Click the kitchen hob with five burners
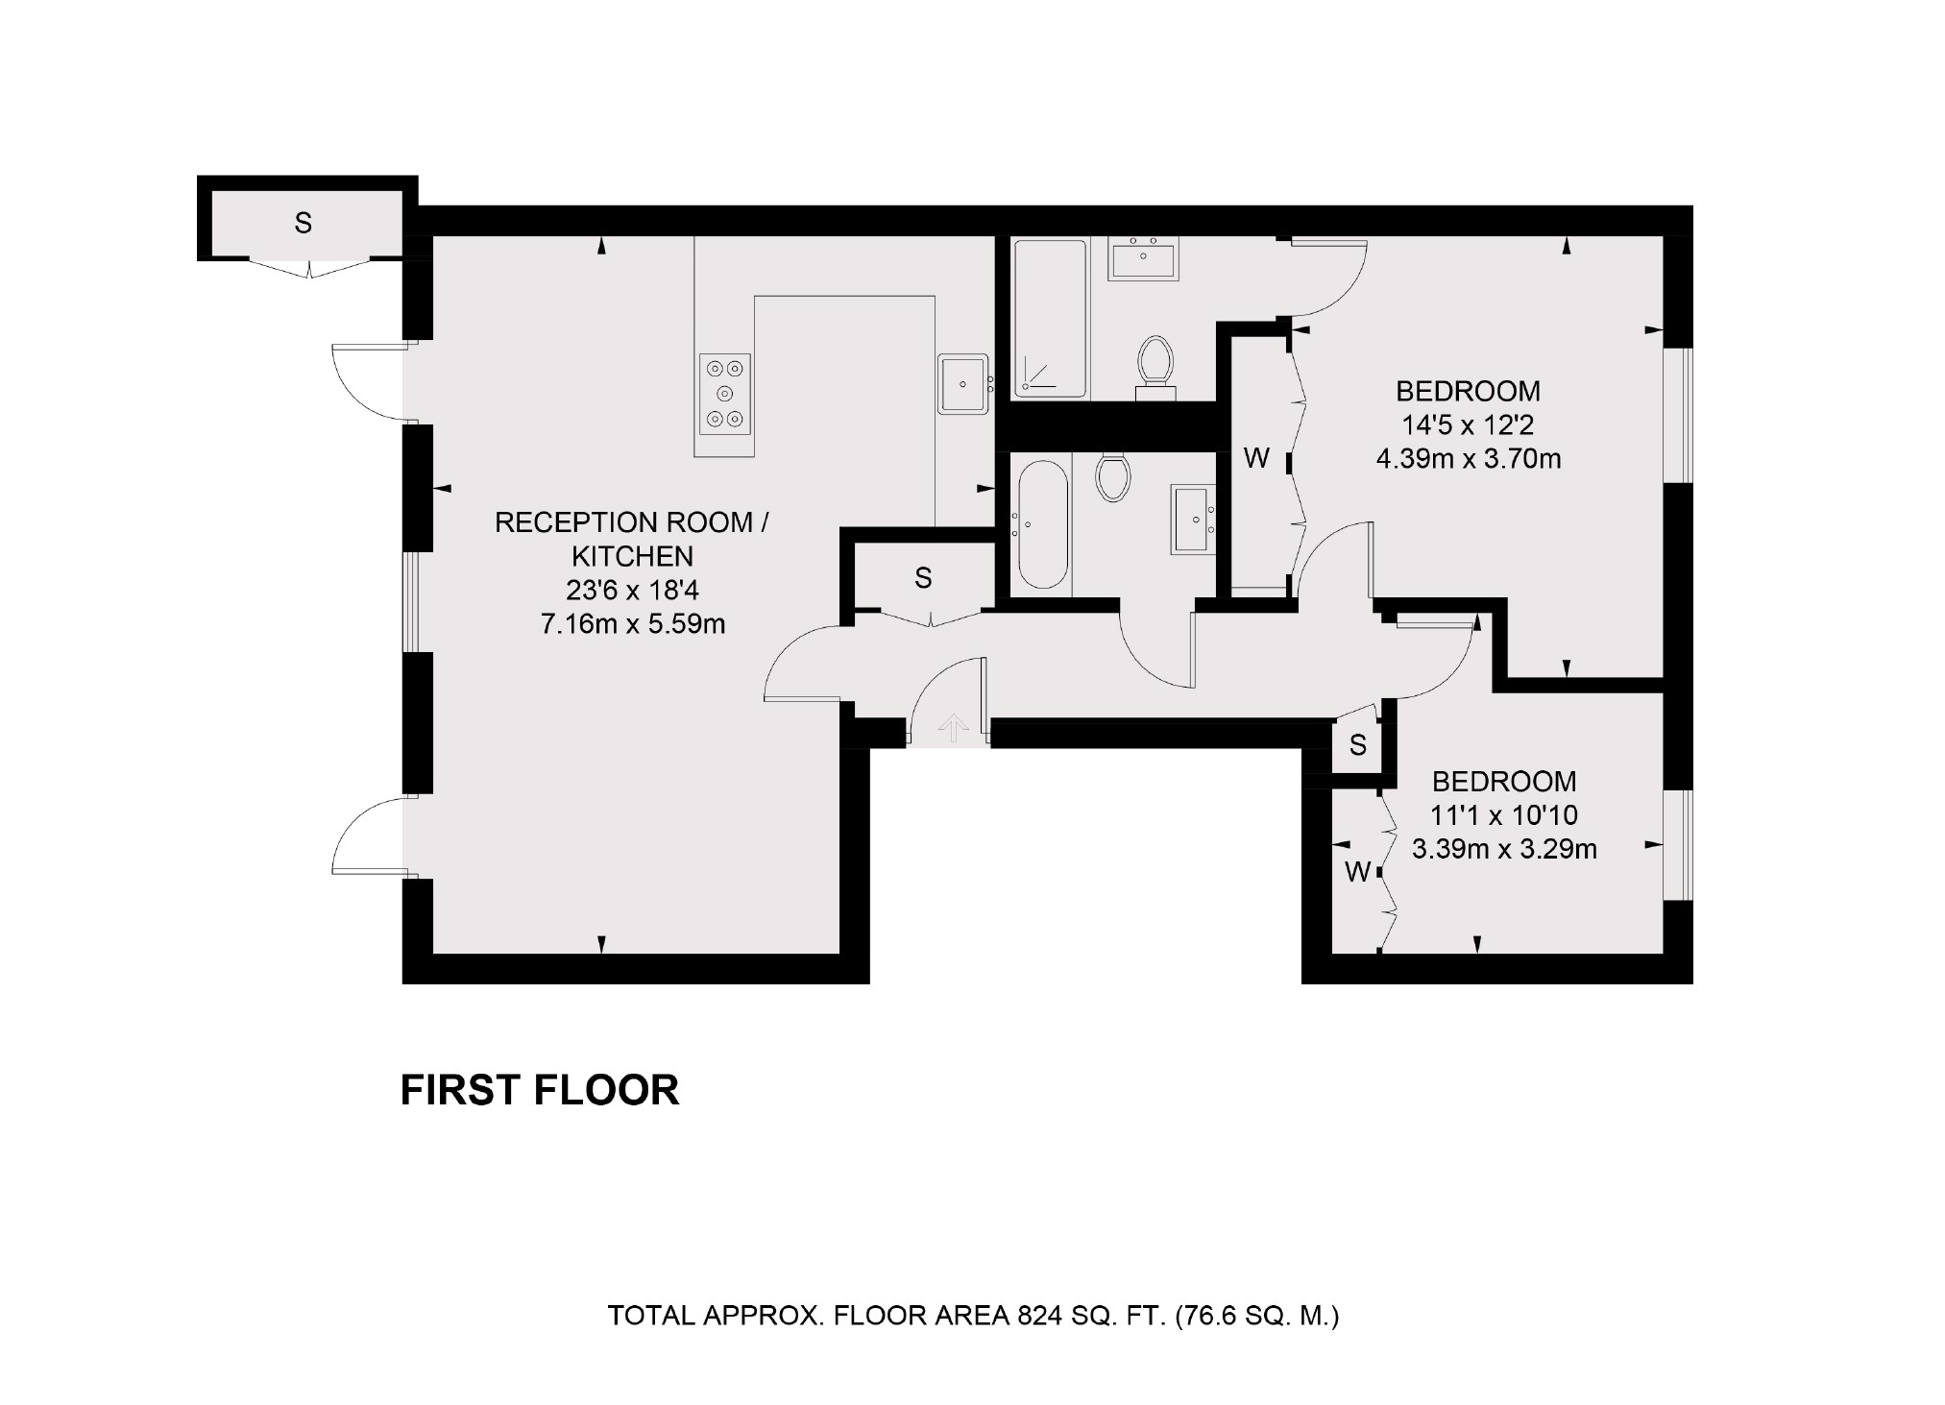tap(724, 394)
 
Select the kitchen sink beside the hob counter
tap(963, 383)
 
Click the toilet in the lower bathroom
tap(1113, 477)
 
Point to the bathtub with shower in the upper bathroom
tap(1050, 318)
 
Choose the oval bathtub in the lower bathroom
tap(1042, 524)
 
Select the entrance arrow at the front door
tap(953, 727)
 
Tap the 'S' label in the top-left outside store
tap(303, 223)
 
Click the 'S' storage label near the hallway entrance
tap(922, 577)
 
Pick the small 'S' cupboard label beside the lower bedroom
tap(1357, 744)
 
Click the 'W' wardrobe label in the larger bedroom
tap(1256, 458)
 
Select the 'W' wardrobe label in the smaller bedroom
tap(1356, 871)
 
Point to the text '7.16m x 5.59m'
tap(632, 624)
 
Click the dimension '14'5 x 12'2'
tap(1468, 424)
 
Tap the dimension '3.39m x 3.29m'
tap(1503, 849)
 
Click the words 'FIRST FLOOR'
tap(539, 1090)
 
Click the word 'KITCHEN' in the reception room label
tap(632, 556)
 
